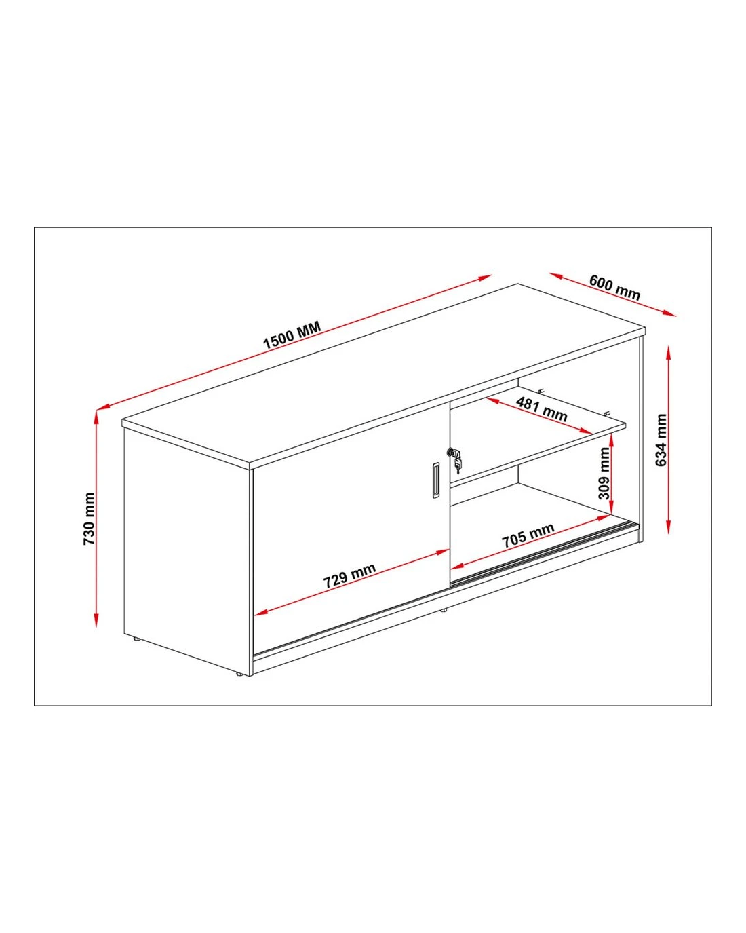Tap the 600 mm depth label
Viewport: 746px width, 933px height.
(614, 288)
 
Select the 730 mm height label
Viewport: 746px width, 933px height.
(89, 518)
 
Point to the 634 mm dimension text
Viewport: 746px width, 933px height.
(661, 440)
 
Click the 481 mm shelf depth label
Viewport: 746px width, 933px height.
(541, 410)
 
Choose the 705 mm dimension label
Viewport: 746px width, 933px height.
(528, 535)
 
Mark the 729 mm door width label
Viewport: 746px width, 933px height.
(349, 576)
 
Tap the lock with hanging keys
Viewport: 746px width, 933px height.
(455, 458)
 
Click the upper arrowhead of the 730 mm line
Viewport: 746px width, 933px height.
(96, 417)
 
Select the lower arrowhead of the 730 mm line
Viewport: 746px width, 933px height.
(96, 620)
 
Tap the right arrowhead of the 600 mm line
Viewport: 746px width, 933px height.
(669, 313)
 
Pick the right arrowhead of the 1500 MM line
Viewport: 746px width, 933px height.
(485, 278)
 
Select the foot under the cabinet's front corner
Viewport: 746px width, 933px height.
(238, 674)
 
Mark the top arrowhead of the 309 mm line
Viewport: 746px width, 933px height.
(612, 441)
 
